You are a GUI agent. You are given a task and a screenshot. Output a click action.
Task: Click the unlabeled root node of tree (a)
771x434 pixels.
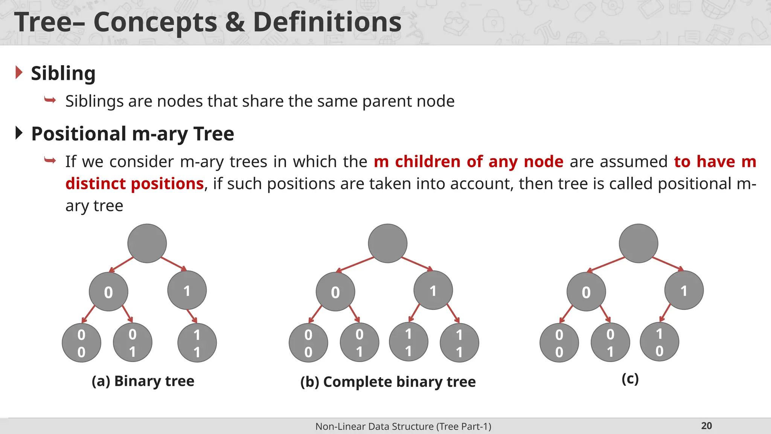(147, 243)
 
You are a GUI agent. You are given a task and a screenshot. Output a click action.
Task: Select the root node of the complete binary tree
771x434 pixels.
(387, 243)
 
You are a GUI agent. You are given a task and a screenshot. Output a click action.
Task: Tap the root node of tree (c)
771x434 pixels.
(638, 243)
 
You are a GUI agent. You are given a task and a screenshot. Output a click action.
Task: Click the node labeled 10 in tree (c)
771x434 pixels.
(659, 342)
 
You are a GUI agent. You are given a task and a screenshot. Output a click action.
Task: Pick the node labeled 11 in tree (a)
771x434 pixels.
(197, 343)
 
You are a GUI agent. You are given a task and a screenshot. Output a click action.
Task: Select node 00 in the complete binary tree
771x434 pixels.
(308, 343)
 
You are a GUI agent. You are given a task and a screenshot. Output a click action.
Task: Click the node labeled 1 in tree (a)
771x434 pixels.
(187, 290)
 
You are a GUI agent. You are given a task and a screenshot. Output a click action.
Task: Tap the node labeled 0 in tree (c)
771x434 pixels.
(586, 292)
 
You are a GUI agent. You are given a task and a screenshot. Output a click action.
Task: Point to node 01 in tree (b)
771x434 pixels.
(359, 342)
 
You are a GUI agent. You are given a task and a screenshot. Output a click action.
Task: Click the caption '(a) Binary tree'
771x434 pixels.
(143, 381)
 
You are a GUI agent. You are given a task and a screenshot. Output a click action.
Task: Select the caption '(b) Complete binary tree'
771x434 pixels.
(388, 382)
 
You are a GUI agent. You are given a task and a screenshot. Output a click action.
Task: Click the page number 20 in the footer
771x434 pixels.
(706, 426)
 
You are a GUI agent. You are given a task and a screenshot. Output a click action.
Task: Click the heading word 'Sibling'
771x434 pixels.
(63, 73)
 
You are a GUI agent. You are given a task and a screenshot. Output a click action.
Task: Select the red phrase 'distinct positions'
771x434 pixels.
(134, 184)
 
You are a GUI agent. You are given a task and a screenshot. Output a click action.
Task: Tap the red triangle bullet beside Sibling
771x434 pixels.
(19, 72)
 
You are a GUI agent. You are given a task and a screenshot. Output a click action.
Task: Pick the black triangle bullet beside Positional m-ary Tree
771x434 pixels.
(19, 133)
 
